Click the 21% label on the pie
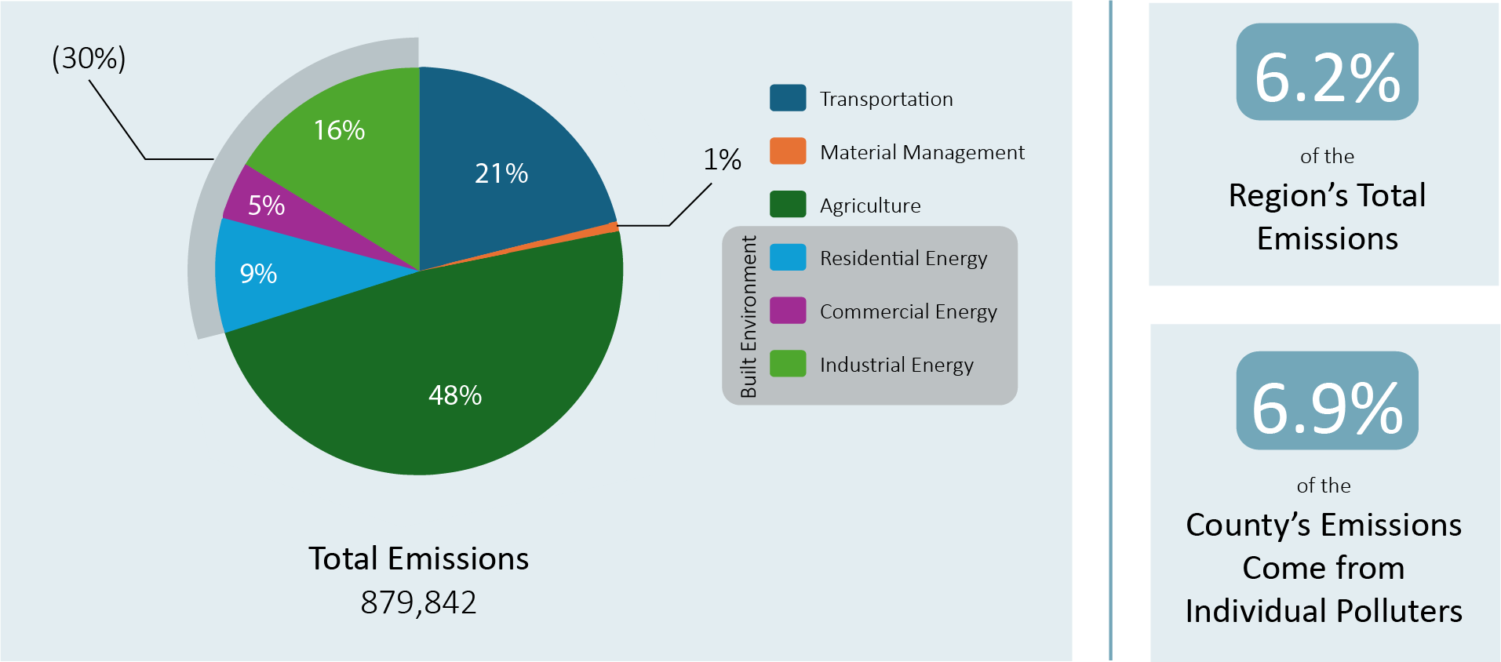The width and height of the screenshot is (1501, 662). (501, 173)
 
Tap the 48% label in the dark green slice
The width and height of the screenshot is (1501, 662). (455, 395)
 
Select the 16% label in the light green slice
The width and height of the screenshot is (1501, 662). (339, 130)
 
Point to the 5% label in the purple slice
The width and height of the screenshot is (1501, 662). (266, 206)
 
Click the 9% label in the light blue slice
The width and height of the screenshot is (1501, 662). (258, 274)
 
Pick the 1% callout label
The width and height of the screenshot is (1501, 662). (722, 160)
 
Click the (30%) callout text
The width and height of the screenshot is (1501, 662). (89, 59)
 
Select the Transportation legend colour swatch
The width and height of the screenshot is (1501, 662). (788, 98)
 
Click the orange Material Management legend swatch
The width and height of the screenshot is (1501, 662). (788, 151)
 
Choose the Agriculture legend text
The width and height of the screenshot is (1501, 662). (870, 206)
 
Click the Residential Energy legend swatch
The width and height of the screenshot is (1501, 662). (788, 257)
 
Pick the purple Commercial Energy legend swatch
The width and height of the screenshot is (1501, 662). (788, 311)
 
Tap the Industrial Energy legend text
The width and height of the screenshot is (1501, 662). (896, 365)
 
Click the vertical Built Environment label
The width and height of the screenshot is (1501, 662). (749, 316)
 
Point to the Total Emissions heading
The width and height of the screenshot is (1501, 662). (418, 558)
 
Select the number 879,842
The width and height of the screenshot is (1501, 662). (418, 602)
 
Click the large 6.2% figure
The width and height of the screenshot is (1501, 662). (1327, 78)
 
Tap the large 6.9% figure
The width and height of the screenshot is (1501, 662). (1327, 409)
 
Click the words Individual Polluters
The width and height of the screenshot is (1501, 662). (1324, 611)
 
